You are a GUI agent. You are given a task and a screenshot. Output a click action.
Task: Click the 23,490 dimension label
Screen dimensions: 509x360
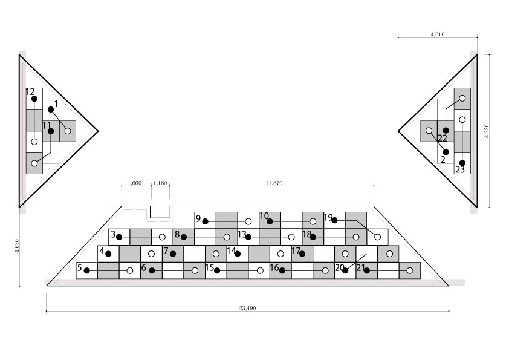click(247, 308)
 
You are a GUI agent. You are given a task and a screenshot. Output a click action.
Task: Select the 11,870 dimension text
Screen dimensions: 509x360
click(274, 183)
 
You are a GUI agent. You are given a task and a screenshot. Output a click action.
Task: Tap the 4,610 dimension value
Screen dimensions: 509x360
click(438, 34)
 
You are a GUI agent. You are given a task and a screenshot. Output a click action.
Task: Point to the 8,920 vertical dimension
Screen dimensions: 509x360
click(486, 131)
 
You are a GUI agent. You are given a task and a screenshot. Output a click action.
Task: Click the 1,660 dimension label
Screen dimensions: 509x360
click(134, 183)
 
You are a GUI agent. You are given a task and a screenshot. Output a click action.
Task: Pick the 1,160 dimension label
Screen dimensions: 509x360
click(160, 183)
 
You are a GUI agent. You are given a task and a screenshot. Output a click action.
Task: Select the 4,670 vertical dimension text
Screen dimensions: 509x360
click(17, 246)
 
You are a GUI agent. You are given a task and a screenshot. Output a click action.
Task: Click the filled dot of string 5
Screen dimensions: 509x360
click(86, 270)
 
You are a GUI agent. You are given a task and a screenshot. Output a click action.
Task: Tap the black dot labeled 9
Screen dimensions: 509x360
click(205, 221)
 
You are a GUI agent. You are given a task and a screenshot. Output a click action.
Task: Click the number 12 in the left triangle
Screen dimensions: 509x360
click(30, 91)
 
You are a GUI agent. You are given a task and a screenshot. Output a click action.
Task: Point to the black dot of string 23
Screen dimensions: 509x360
click(462, 163)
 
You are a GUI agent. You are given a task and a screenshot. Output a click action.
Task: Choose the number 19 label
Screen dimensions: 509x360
click(328, 217)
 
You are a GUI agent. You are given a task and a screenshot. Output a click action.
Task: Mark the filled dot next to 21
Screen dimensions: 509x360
click(367, 270)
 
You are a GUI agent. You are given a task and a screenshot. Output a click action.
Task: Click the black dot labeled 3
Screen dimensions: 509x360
click(119, 237)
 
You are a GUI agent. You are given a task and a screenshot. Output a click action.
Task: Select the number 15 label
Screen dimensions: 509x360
click(210, 267)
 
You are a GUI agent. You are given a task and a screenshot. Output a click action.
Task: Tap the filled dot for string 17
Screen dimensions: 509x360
click(302, 254)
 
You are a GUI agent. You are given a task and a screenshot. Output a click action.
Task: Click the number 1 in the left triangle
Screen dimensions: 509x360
click(56, 104)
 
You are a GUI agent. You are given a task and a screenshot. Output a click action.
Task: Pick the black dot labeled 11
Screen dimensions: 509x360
click(51, 131)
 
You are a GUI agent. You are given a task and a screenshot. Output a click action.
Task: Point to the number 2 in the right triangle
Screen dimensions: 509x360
click(443, 160)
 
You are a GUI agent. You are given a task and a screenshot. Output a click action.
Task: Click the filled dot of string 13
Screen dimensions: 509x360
click(248, 237)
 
